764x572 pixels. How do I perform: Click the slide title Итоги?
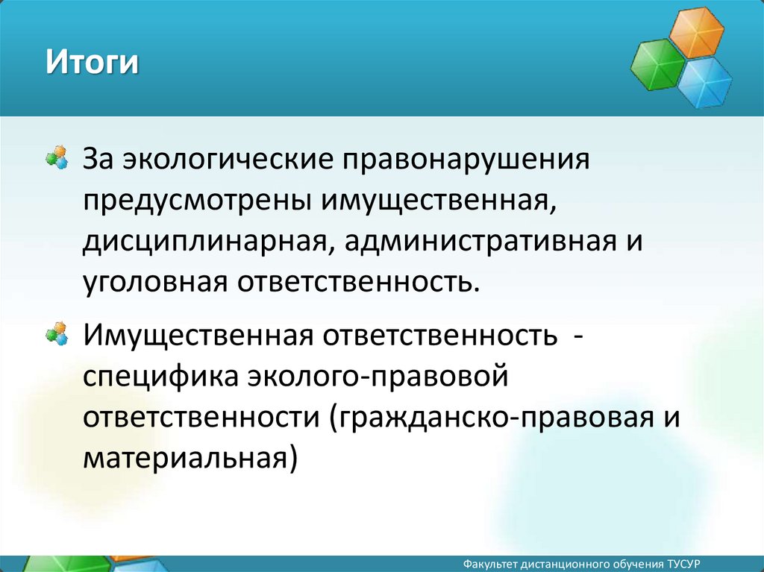[x=92, y=62]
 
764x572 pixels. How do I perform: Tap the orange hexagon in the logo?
[x=696, y=33]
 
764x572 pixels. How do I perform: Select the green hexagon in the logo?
[x=658, y=64]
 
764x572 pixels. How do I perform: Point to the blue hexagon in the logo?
[x=704, y=82]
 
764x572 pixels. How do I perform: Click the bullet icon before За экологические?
[x=56, y=157]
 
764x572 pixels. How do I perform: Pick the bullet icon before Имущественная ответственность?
[x=56, y=334]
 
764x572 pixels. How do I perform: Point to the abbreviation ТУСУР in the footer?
[x=684, y=565]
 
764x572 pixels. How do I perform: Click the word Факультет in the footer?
[x=490, y=565]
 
